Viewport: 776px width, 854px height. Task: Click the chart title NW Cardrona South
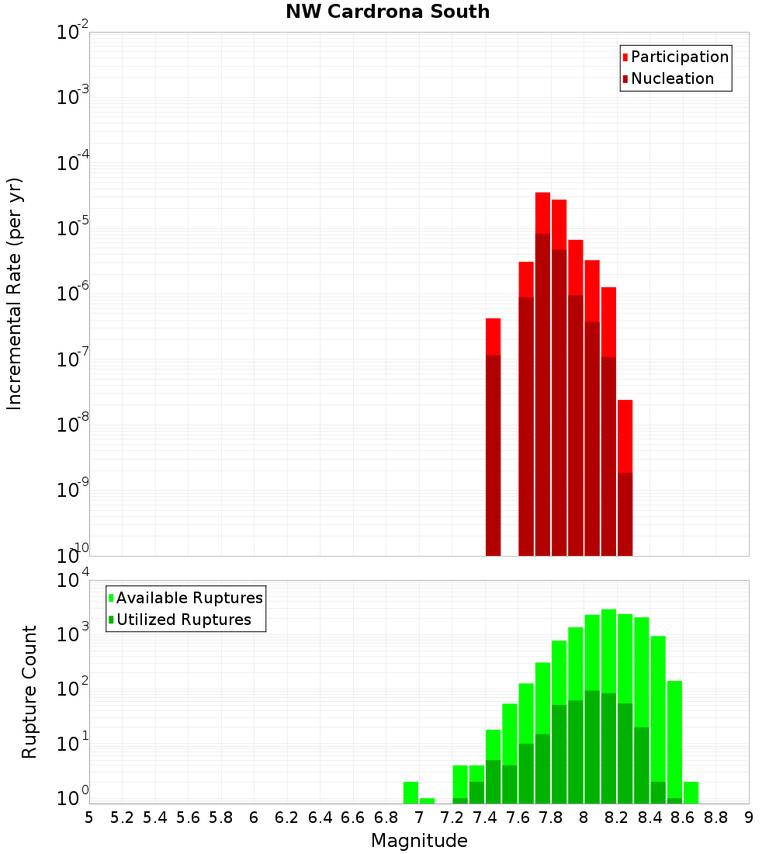[x=387, y=12]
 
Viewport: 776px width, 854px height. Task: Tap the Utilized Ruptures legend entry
[x=183, y=620]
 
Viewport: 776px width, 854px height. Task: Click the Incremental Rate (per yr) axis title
[x=15, y=293]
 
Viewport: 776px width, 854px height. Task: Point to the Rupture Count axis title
[x=29, y=691]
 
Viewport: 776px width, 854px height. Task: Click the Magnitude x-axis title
[x=419, y=841]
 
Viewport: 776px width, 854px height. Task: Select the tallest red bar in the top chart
[x=542, y=373]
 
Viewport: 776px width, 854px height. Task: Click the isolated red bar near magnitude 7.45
[x=493, y=435]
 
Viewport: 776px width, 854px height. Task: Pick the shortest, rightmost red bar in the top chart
[x=625, y=477]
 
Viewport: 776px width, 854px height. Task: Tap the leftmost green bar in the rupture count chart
[x=411, y=792]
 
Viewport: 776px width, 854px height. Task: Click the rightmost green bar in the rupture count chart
[x=691, y=792]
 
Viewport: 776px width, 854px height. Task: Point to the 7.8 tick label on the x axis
[x=551, y=818]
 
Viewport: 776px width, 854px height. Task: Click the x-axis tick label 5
[x=89, y=818]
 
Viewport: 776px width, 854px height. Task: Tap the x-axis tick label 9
[x=749, y=818]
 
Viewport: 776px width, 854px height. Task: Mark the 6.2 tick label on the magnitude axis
[x=287, y=818]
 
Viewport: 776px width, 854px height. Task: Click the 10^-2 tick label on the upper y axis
[x=73, y=33]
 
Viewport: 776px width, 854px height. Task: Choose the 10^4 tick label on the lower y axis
[x=73, y=580]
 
